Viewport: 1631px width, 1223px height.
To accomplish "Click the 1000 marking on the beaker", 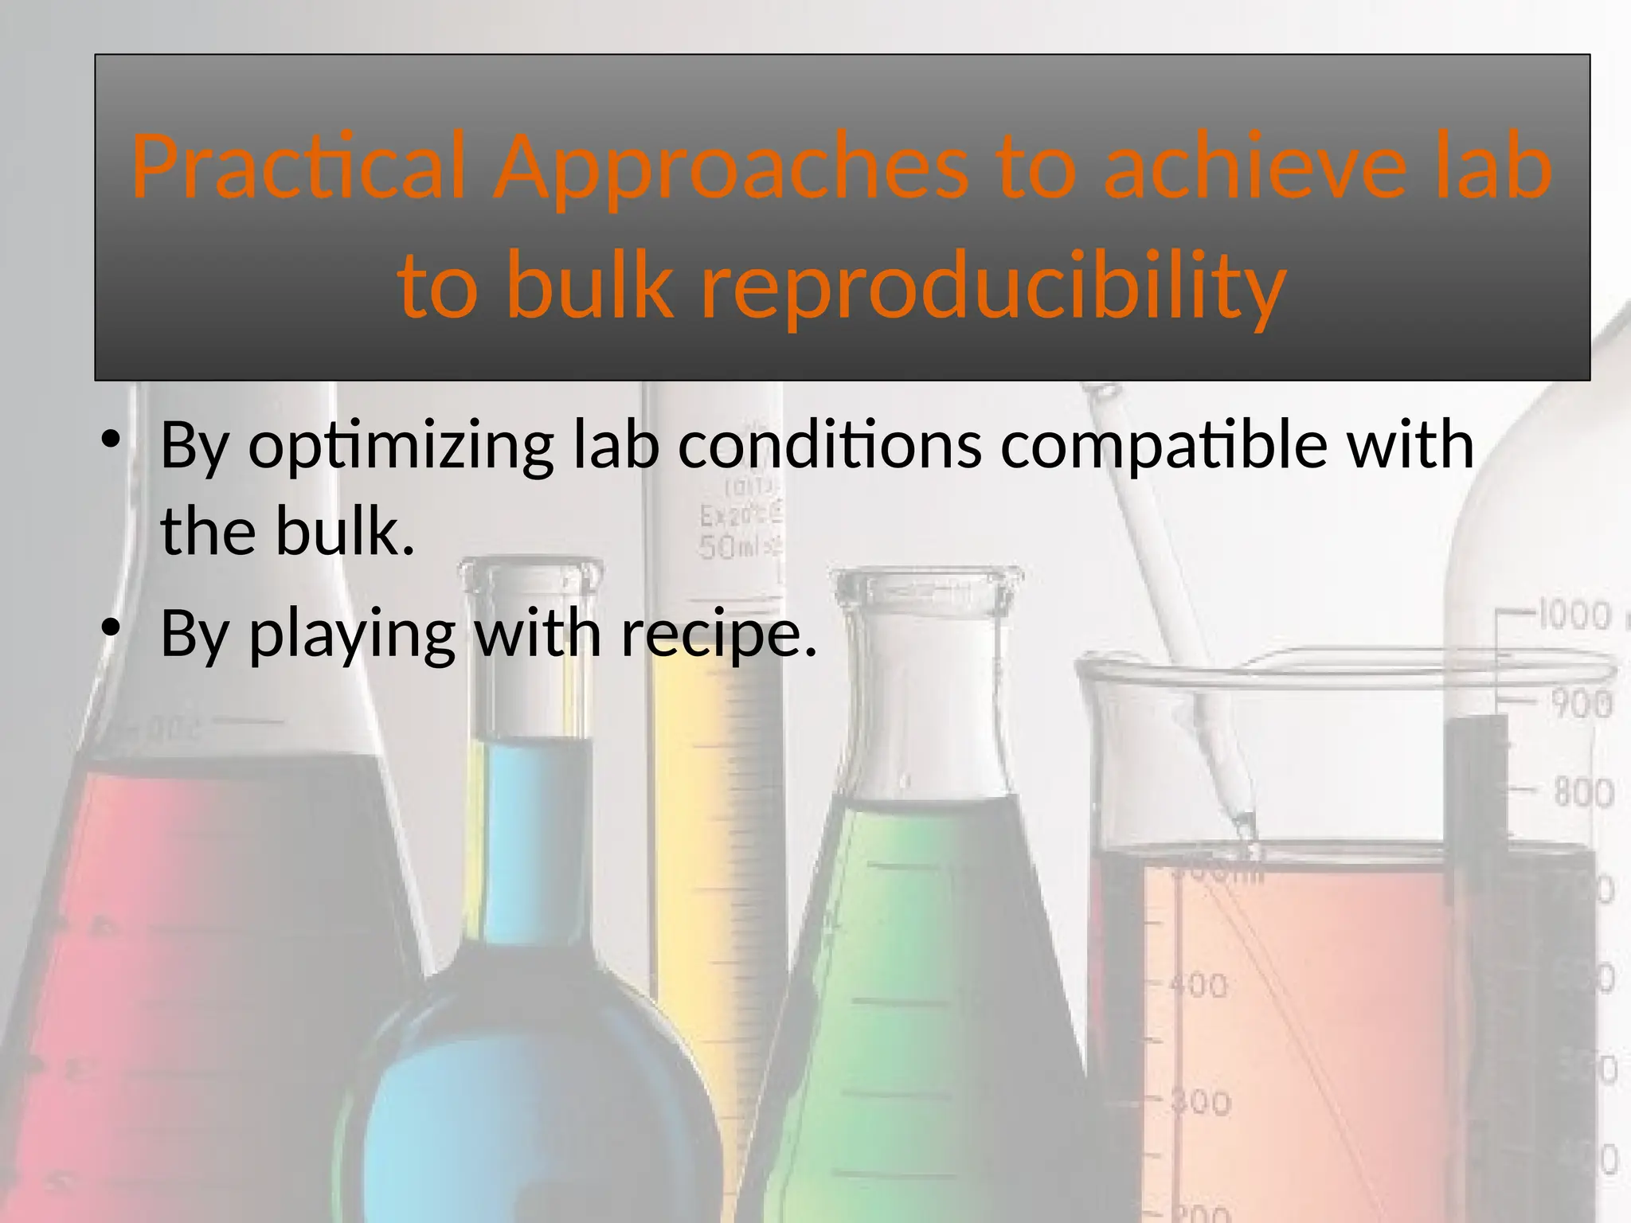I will pyautogui.click(x=1573, y=615).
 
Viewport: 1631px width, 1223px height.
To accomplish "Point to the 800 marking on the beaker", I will pyautogui.click(x=1582, y=793).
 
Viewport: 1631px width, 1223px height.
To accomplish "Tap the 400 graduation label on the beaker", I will pyautogui.click(x=1198, y=987).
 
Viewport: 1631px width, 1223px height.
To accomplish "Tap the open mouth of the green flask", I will pyautogui.click(x=927, y=577).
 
